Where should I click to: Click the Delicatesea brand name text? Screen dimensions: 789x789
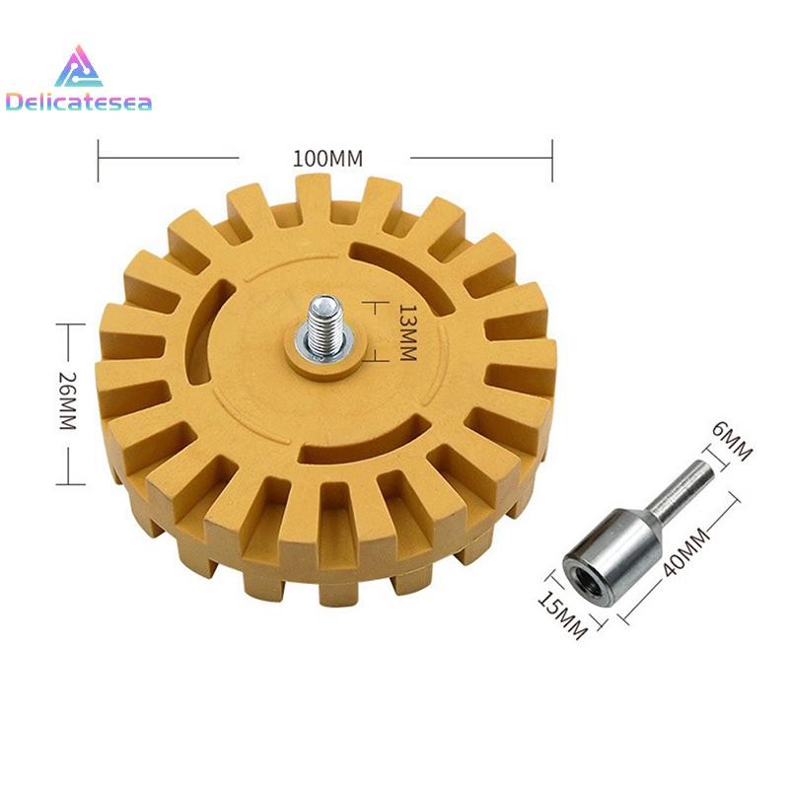(79, 103)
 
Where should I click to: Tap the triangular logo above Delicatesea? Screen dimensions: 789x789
(79, 67)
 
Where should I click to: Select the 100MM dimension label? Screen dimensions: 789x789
(327, 159)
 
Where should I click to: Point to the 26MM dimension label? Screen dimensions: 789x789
(67, 400)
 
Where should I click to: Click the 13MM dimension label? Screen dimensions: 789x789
(407, 332)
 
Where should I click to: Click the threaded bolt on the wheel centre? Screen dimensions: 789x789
(323, 323)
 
